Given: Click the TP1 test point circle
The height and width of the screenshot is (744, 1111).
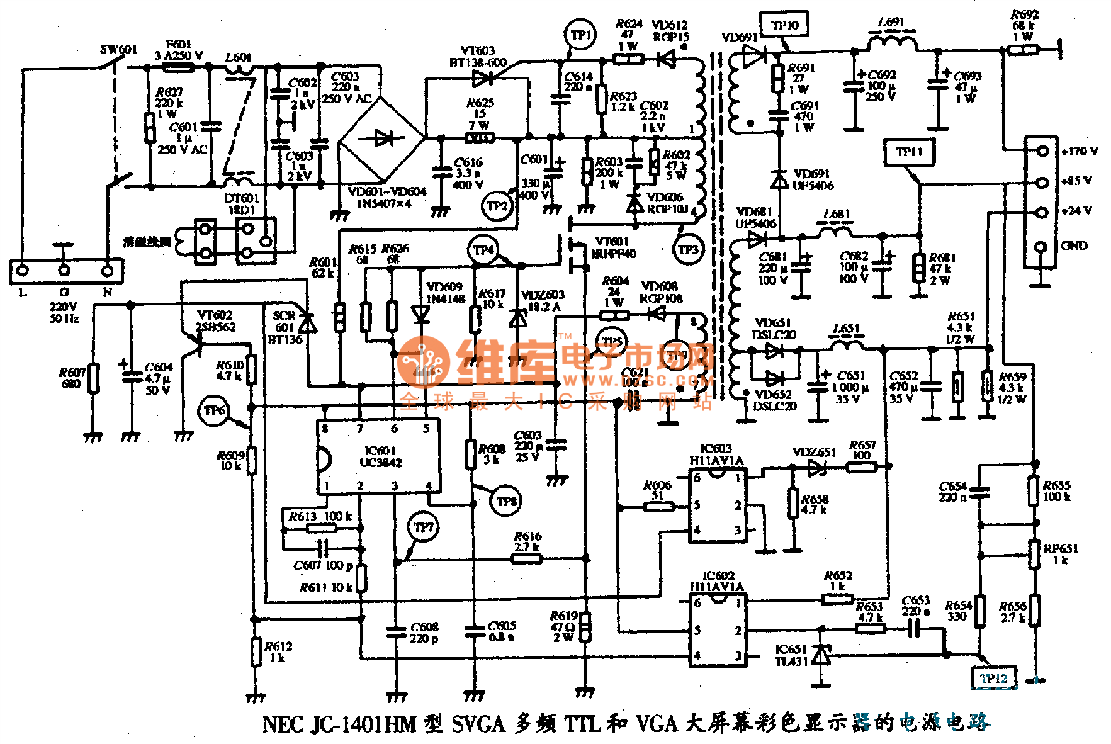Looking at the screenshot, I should pos(580,35).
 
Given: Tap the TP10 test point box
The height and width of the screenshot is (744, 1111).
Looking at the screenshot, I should pos(784,26).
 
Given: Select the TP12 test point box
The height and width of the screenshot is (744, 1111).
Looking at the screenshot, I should pos(993,679).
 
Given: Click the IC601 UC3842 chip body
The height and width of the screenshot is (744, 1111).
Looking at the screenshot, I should pos(378,456).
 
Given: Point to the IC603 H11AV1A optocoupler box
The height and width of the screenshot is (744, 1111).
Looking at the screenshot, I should pos(718,505).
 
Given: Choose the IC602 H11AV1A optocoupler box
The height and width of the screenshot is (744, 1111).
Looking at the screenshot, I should pos(718,631).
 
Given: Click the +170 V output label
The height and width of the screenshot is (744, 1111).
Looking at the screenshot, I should pos(1079,151).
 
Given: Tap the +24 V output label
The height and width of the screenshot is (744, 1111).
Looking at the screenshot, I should pos(1076,211).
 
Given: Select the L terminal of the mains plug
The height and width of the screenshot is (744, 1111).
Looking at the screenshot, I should pos(23,271).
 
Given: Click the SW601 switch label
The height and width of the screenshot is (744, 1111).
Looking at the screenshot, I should pos(118,49).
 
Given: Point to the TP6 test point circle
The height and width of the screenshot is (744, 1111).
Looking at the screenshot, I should pos(214,410).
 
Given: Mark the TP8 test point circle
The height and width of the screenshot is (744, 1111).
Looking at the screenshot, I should pos(507,501).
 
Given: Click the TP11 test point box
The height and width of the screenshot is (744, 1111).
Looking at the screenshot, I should pos(909,152).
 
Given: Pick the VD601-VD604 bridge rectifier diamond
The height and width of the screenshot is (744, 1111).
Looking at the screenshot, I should pos(382,138).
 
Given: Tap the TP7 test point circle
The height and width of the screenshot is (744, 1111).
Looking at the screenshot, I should pos(424,527).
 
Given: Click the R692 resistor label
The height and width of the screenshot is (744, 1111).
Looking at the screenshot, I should pos(1025,14).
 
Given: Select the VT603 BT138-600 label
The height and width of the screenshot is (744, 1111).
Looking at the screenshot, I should pos(478,56).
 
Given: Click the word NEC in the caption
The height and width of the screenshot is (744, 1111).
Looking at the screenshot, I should pos(283,724).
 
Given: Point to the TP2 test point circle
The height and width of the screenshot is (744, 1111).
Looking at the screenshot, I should pos(497,206).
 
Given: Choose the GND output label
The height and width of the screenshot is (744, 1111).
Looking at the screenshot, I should pos(1074,245).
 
